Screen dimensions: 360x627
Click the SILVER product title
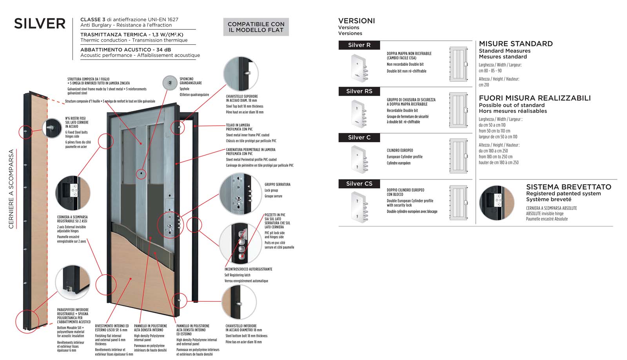tap(40, 24)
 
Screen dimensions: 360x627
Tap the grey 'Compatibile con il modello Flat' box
tap(256, 27)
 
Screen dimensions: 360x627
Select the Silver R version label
tap(359, 45)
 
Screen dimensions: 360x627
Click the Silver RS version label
tap(359, 91)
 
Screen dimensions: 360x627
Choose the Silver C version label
tap(359, 137)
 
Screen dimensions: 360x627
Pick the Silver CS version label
tap(359, 184)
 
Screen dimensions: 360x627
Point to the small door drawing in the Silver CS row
tap(458, 203)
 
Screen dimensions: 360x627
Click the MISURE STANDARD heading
tap(516, 44)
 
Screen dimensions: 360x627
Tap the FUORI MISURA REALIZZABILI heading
tap(535, 98)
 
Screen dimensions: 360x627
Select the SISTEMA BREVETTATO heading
tap(568, 187)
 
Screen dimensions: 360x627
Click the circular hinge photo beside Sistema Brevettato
tap(497, 203)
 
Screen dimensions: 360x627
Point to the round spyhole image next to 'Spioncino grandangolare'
tap(170, 83)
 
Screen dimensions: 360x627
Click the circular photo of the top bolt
tap(241, 74)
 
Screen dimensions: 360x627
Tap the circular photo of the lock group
tap(240, 194)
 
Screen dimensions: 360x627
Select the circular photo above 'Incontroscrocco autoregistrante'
tap(240, 244)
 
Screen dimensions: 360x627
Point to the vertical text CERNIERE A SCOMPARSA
tap(11, 189)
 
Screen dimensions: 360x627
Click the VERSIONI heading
tap(357, 21)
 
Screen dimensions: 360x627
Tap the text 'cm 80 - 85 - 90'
tap(490, 71)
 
